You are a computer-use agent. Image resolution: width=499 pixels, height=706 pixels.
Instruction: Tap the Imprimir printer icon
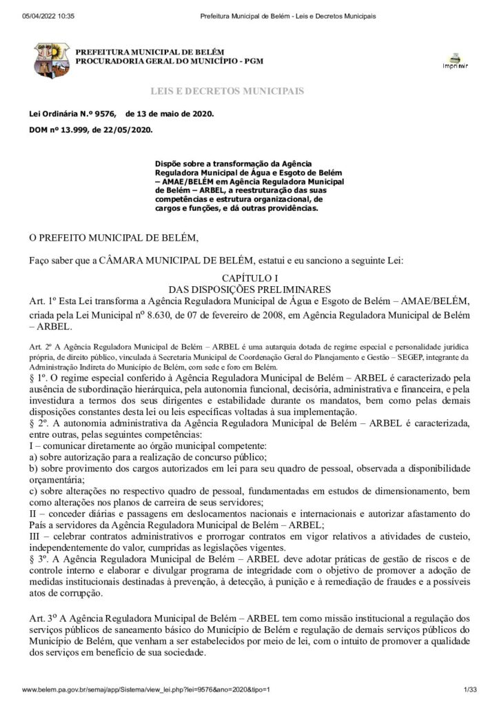[454, 60]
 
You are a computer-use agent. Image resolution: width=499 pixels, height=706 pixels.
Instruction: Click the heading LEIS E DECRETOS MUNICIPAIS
[227, 91]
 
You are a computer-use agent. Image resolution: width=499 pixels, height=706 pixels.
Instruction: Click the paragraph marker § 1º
[38, 379]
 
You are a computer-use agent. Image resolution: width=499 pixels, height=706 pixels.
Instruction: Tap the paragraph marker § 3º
[38, 558]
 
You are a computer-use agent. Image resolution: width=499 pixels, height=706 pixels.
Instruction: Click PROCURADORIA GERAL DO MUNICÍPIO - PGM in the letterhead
[170, 61]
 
